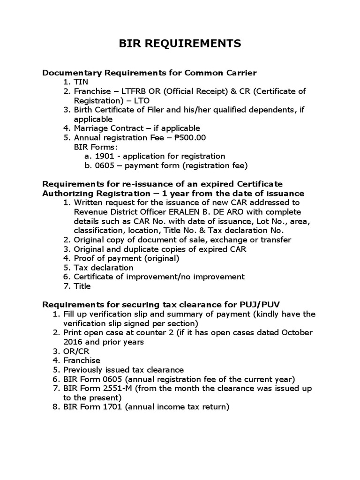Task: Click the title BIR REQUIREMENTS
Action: coord(180,44)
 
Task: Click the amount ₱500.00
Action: coord(190,137)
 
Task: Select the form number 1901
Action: coord(104,156)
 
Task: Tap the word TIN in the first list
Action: coord(81,82)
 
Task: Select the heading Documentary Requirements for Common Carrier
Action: coord(150,73)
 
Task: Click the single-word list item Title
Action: coord(82,286)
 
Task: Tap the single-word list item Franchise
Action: coord(82,360)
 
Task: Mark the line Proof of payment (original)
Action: coord(127,258)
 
